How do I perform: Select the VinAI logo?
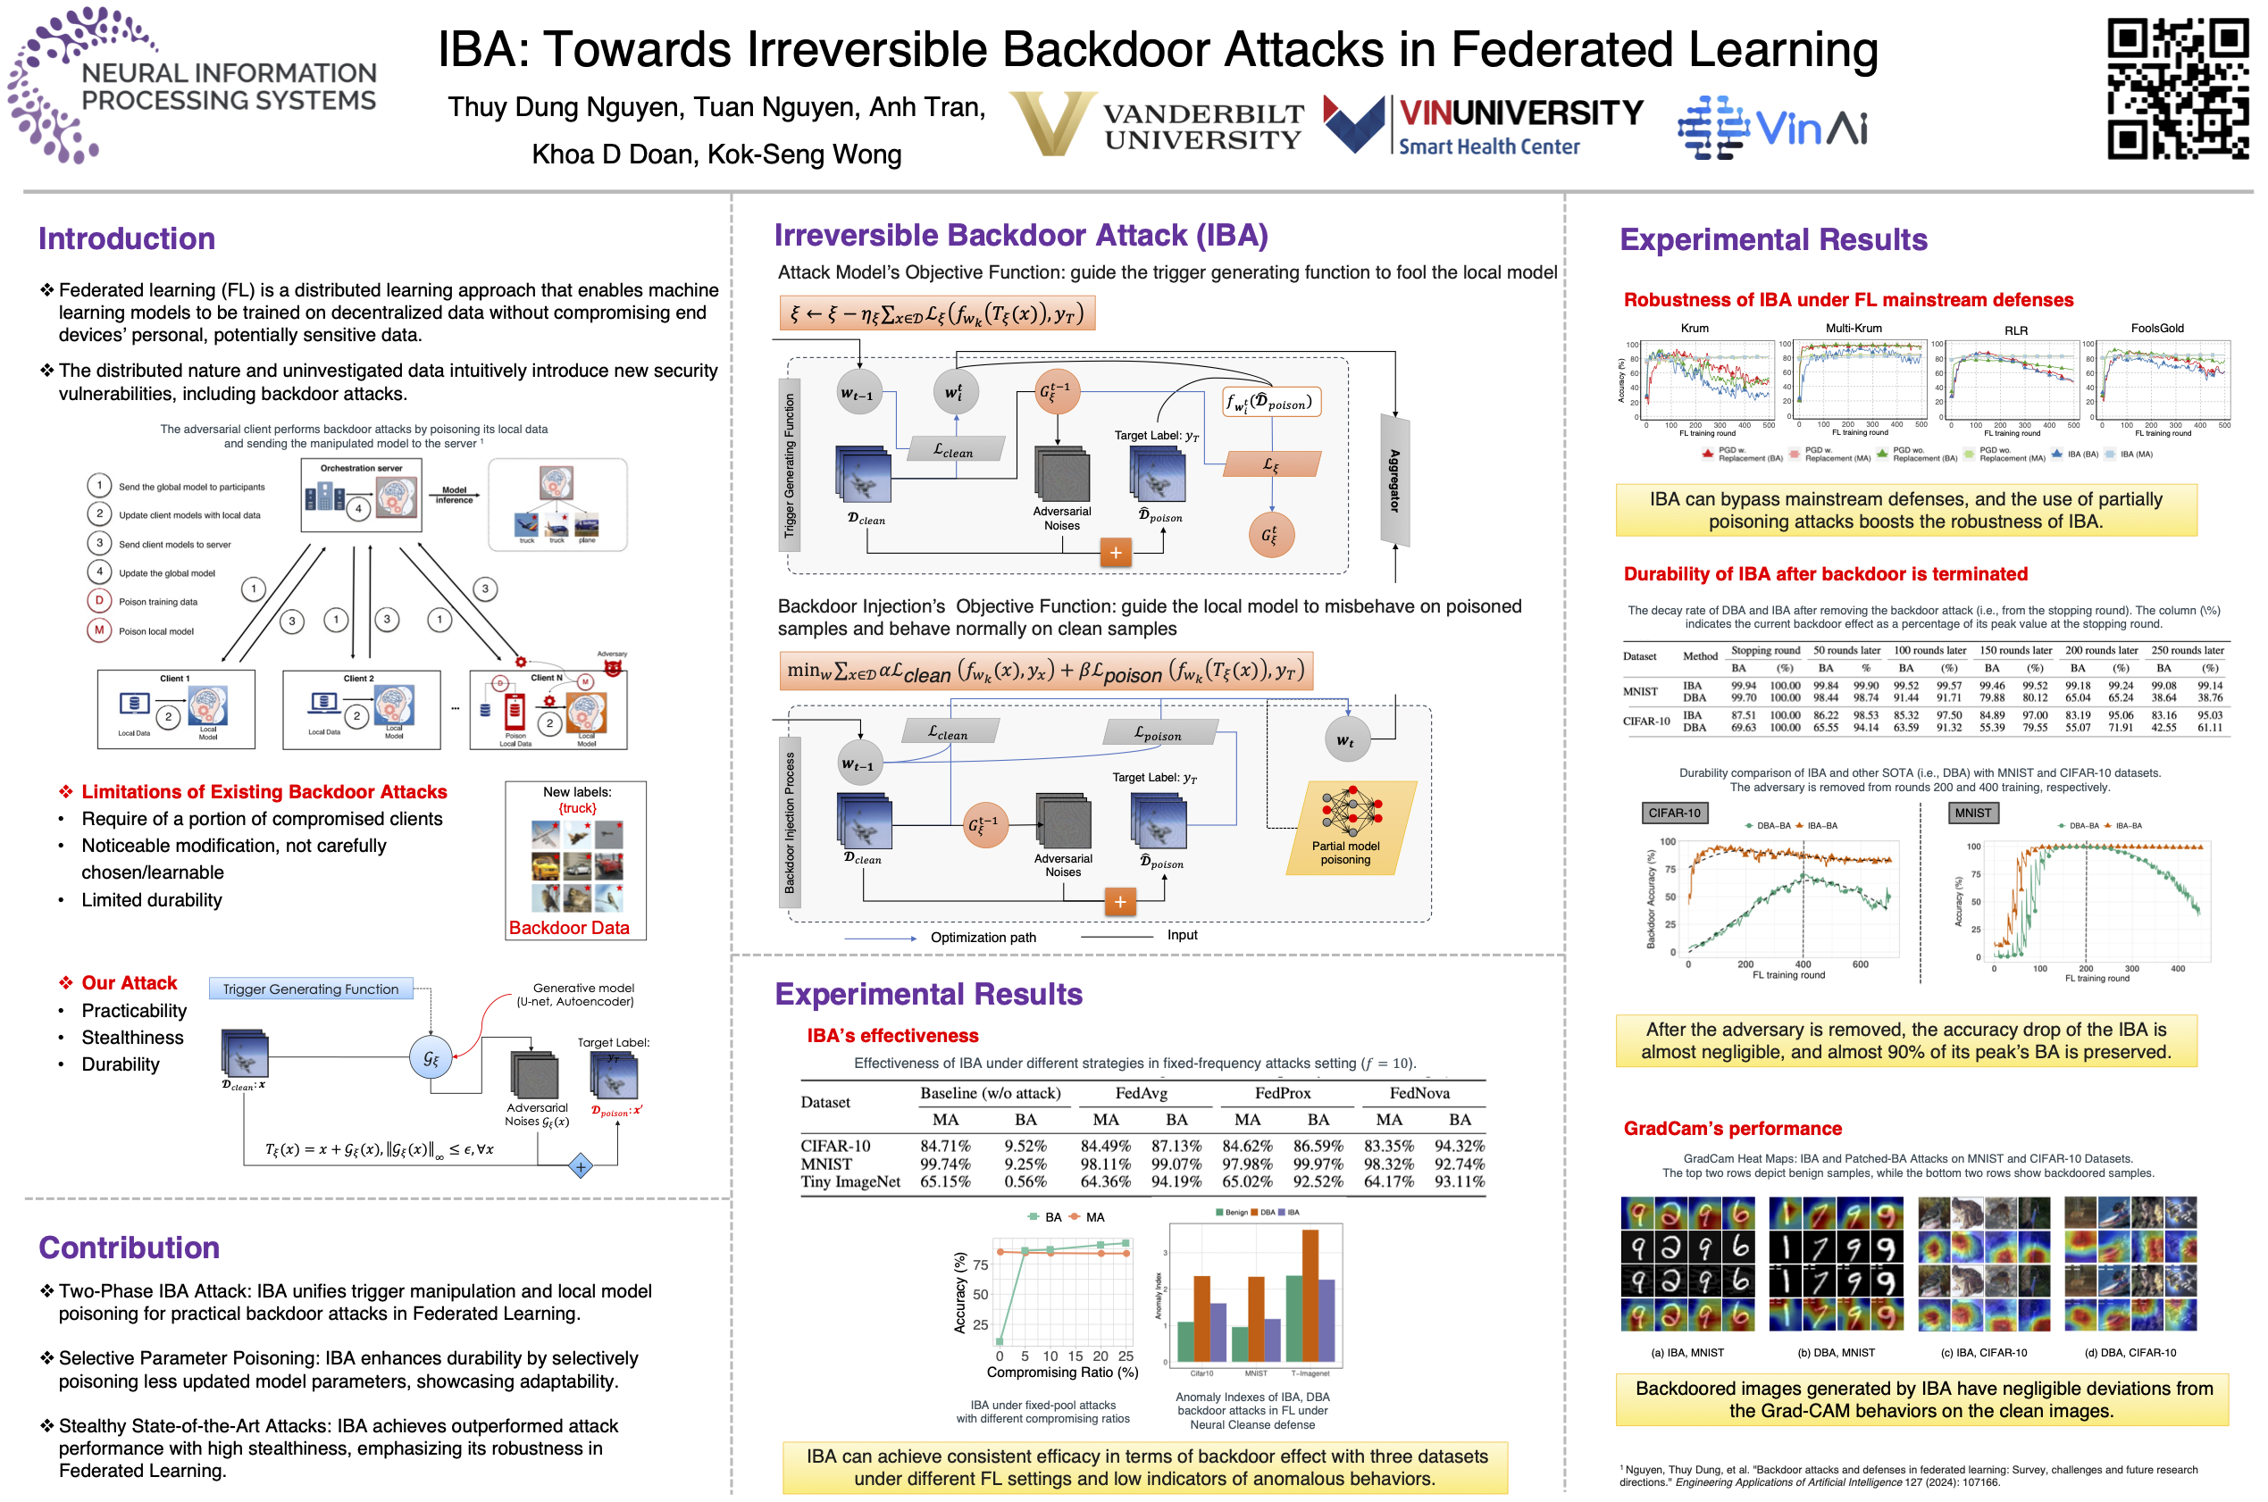coord(1771,128)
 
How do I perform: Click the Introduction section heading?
coord(127,238)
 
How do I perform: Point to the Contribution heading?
coord(129,1247)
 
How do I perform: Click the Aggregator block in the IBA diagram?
coord(1394,479)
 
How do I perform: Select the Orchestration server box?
coord(361,496)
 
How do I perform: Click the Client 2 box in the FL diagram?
coord(361,709)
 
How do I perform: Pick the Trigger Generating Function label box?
coord(311,989)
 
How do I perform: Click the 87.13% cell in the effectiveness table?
coord(1176,1146)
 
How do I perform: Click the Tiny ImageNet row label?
coord(849,1182)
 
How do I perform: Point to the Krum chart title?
coord(1693,329)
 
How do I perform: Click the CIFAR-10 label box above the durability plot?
coord(1673,814)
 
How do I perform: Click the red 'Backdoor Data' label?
coord(568,927)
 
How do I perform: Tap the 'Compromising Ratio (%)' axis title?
coord(1062,1372)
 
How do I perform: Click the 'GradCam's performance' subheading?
coord(1731,1129)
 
